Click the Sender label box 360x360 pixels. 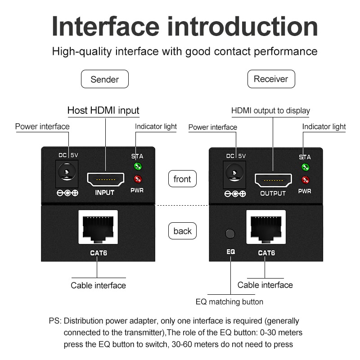tap(104, 79)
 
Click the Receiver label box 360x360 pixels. tap(271, 79)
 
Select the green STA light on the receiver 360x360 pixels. tap(305, 168)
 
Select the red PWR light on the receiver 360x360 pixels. tap(305, 180)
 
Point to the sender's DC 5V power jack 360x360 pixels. tap(68, 174)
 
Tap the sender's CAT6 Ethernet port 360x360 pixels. tap(98, 228)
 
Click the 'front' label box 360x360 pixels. tap(182, 179)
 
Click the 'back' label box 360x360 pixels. tap(182, 231)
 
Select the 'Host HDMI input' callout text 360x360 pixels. tap(103, 110)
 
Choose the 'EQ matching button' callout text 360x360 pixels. tap(229, 301)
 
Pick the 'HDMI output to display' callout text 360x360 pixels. tap(270, 111)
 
